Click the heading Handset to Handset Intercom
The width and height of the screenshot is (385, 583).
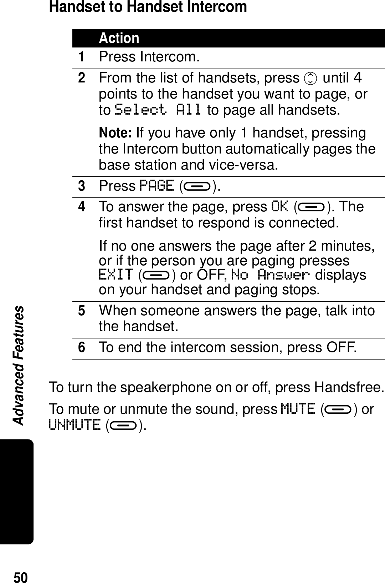148,7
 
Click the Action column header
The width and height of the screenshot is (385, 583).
119,38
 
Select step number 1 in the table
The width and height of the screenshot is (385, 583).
82,57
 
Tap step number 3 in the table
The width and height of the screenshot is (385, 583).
82,186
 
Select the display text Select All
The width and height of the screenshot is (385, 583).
158,110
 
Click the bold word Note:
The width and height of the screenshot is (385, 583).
116,133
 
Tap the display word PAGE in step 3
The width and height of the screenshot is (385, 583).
156,186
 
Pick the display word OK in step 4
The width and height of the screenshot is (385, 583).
280,207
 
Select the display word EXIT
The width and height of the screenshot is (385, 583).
116,275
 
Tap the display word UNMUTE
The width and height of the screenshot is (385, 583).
75,425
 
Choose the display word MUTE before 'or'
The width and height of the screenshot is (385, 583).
298,408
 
